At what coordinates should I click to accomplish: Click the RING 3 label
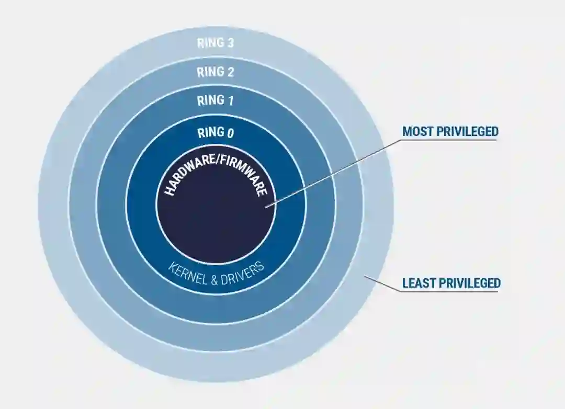(215, 43)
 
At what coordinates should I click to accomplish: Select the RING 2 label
(215, 72)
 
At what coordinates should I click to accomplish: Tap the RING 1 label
(215, 100)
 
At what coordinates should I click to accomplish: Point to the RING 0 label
(215, 133)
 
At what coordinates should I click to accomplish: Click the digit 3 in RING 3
(230, 43)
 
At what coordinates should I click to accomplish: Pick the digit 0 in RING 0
(230, 133)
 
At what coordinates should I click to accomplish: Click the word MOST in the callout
(417, 131)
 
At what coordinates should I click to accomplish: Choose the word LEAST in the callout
(419, 283)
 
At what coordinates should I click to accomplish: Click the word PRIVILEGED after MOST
(468, 131)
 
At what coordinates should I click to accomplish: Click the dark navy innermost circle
(215, 220)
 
